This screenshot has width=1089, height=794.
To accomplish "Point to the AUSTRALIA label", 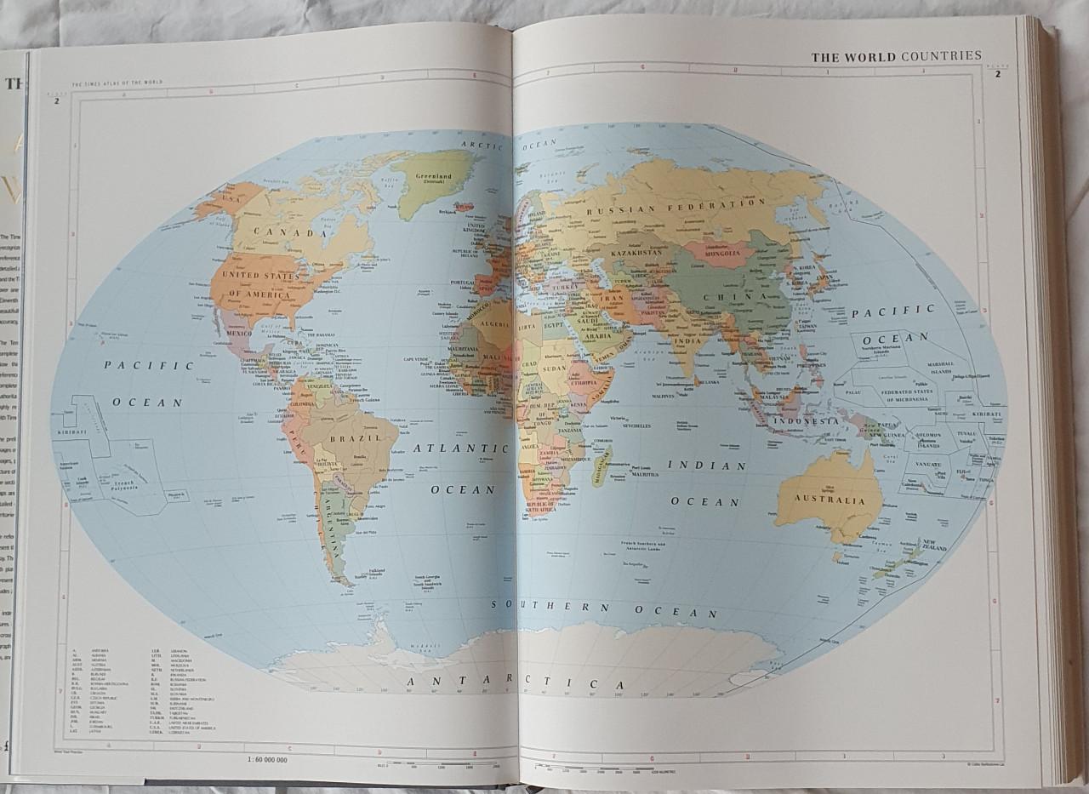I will pyautogui.click(x=830, y=500).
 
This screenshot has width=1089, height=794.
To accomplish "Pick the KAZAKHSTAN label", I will pyautogui.click(x=636, y=253).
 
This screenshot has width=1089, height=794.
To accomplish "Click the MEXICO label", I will pyautogui.click(x=239, y=334).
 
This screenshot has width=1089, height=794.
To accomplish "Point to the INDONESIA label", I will pyautogui.click(x=805, y=421).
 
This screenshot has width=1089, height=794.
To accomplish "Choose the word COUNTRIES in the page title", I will pyautogui.click(x=941, y=56).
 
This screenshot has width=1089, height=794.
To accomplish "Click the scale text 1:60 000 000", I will pyautogui.click(x=267, y=758).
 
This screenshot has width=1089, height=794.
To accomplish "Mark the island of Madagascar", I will pyautogui.click(x=602, y=466).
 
